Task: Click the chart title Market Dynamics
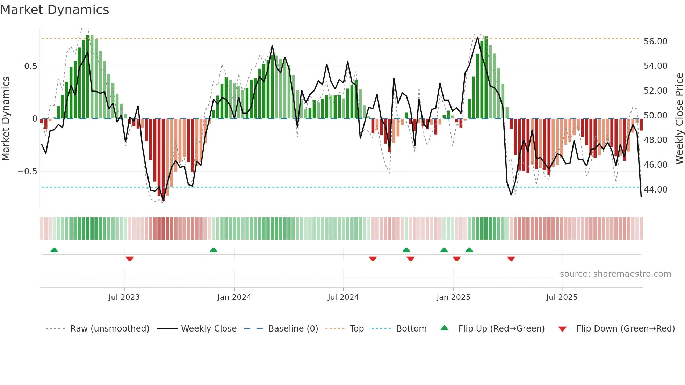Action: coord(55,10)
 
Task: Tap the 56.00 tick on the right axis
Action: coord(655,42)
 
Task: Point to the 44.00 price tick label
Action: coord(655,189)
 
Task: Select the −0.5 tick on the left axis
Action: coord(27,171)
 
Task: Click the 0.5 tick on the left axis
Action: coord(30,66)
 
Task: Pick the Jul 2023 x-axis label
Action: coord(124,297)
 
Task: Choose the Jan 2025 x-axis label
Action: coord(453,297)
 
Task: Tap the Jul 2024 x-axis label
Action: coord(343,297)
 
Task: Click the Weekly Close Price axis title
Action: coord(679,118)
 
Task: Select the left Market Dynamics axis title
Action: coord(6,118)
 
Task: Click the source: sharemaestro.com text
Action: coord(615,274)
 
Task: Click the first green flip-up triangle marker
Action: coord(54,250)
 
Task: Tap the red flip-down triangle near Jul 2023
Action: coord(130,259)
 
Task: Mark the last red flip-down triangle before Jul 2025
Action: coord(511,259)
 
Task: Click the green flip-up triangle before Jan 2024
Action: coord(213,250)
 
